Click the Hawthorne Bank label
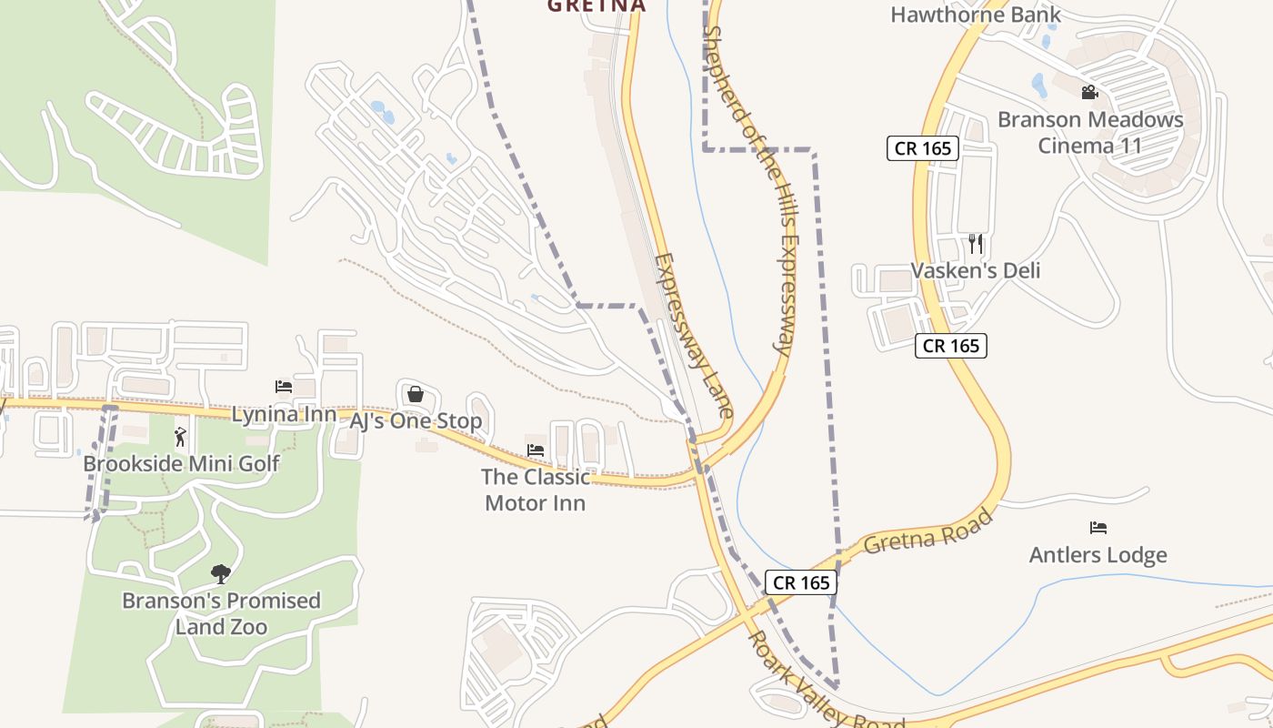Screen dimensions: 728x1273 [976, 15]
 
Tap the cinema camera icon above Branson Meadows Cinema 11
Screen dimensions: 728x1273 [1089, 92]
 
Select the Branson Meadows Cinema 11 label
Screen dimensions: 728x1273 [1090, 133]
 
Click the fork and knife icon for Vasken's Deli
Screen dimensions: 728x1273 [976, 243]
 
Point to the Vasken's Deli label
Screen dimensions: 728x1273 [976, 270]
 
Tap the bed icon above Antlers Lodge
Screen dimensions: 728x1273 [1098, 528]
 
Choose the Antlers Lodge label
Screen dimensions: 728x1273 [1098, 554]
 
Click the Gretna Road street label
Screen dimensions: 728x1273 [927, 531]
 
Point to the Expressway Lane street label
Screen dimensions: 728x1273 [693, 335]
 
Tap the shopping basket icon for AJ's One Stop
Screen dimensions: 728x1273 [416, 394]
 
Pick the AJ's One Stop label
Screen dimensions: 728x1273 [416, 420]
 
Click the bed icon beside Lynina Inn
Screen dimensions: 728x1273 [284, 387]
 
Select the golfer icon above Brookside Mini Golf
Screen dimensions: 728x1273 [180, 437]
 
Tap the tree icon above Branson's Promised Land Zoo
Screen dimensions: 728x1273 [220, 573]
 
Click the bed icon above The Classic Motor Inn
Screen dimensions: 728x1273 [536, 450]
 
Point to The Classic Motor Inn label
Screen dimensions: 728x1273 [536, 490]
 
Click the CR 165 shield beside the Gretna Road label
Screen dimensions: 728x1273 [800, 582]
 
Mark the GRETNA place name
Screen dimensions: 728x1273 [596, 5]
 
